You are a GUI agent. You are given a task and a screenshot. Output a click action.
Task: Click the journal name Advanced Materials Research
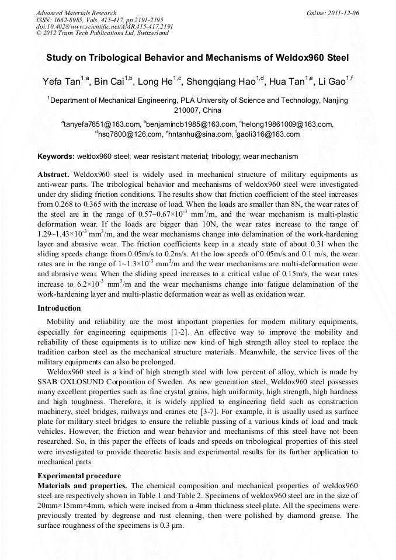coord(76,13)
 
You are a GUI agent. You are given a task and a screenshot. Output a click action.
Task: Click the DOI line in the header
coord(105,27)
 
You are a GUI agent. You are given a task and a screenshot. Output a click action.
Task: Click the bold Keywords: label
coord(56,156)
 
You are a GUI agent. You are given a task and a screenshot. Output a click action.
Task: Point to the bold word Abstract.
coord(53,175)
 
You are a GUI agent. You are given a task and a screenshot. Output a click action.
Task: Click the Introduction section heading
coord(59,308)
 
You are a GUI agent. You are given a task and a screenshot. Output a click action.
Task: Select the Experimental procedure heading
coord(79,475)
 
